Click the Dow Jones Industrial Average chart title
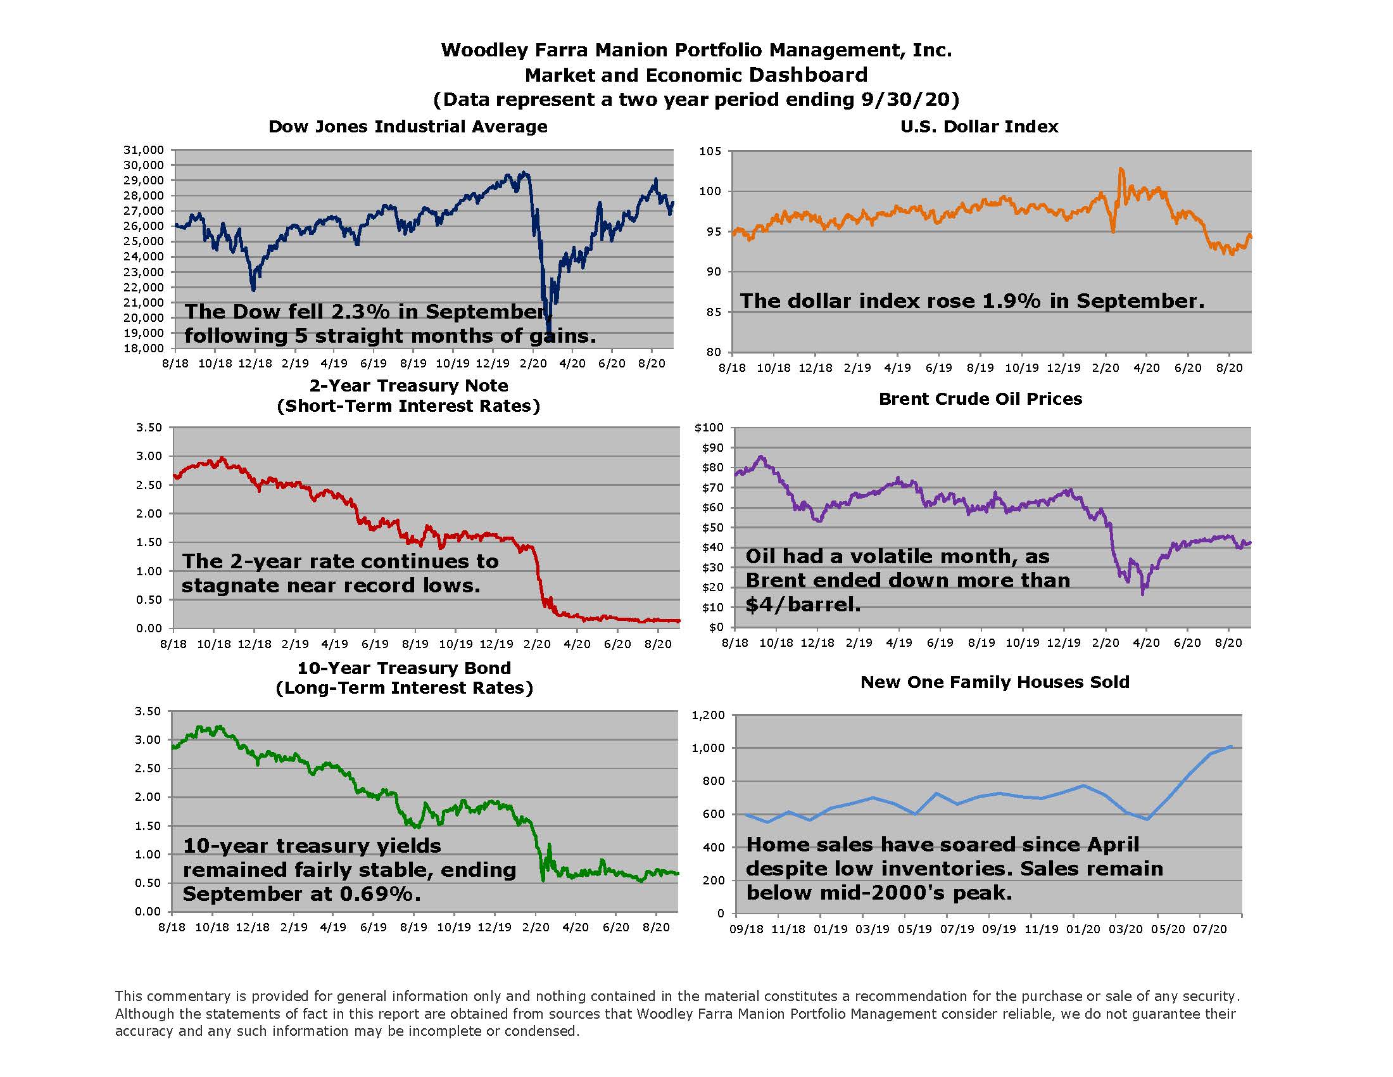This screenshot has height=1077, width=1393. pyautogui.click(x=408, y=126)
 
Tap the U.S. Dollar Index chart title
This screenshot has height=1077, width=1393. pyautogui.click(x=979, y=126)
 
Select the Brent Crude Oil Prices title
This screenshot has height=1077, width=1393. pyautogui.click(x=980, y=398)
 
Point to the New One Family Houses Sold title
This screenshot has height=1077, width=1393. pyautogui.click(x=994, y=682)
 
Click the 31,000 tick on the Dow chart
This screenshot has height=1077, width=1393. pyautogui.click(x=144, y=150)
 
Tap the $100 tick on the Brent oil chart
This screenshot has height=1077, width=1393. pyautogui.click(x=709, y=428)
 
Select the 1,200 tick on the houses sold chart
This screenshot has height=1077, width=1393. pyautogui.click(x=708, y=715)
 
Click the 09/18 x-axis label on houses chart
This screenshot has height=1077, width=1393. pyautogui.click(x=747, y=929)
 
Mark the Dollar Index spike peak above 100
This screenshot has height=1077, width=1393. pyautogui.click(x=1121, y=169)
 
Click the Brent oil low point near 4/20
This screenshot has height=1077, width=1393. pyautogui.click(x=1142, y=594)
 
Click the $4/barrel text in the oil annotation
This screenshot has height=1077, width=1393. pyautogui.click(x=803, y=604)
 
